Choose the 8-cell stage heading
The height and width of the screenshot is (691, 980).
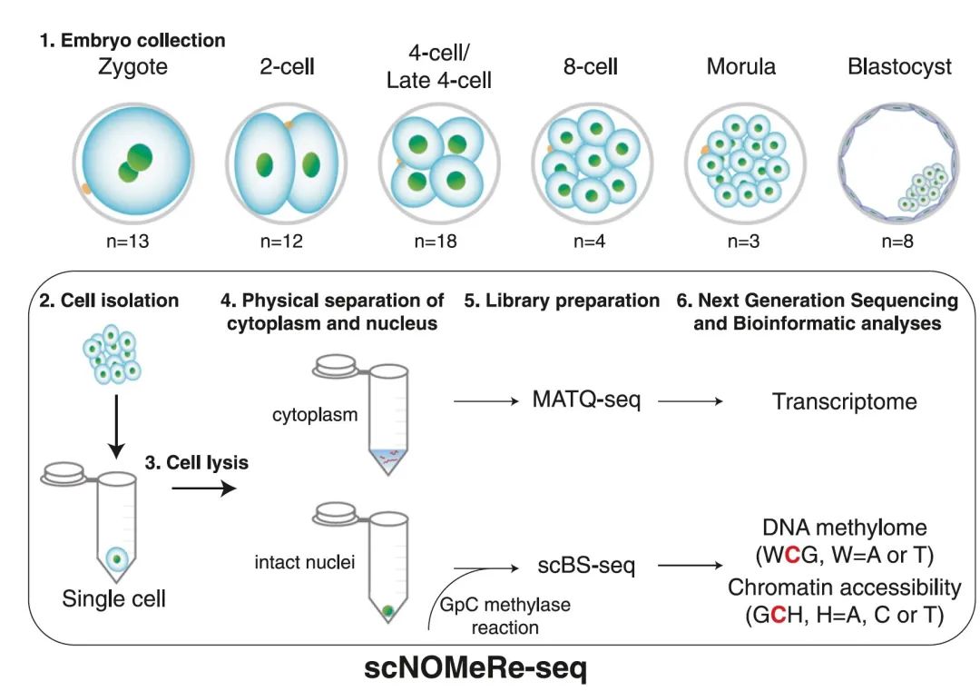pos(591,67)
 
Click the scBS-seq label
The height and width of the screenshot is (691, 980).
pos(584,566)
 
